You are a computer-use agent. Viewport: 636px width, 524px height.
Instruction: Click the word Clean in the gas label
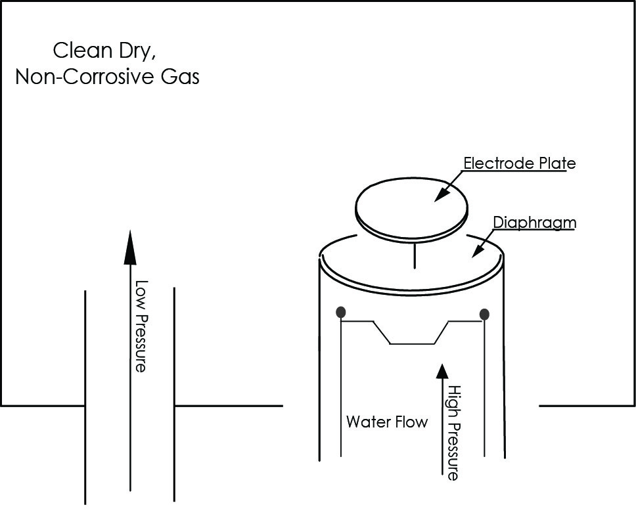point(83,51)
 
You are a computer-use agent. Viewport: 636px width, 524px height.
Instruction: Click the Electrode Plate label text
point(520,163)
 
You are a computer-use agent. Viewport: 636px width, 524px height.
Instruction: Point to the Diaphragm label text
point(535,223)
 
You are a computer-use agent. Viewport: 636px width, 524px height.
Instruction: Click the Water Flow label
point(387,422)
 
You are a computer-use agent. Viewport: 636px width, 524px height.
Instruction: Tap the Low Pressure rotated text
point(141,326)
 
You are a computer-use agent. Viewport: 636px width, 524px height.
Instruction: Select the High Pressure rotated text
point(453,433)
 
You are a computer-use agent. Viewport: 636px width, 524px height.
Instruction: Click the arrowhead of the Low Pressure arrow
point(130,248)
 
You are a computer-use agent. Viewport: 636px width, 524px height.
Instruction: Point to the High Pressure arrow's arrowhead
point(442,371)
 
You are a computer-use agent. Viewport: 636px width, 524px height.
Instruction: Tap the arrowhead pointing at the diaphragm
point(478,250)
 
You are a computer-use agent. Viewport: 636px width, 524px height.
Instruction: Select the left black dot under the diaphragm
point(341,312)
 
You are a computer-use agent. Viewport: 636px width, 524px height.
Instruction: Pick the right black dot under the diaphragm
point(484,314)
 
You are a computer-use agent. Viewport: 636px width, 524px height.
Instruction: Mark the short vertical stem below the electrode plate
point(414,255)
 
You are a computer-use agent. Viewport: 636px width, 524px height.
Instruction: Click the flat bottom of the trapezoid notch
point(412,343)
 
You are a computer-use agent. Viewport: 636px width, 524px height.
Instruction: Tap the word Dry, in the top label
point(137,51)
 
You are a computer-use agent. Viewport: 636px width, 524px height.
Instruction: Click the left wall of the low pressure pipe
point(85,397)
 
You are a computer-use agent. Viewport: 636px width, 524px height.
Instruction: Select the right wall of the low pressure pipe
point(174,395)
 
